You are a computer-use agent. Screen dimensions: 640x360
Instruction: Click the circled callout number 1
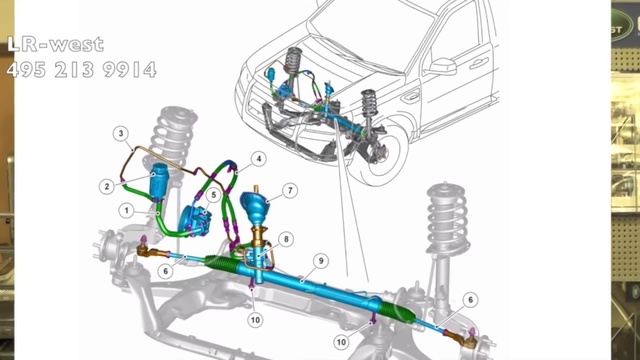(x=127, y=211)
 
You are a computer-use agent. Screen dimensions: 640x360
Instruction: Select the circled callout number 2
(x=107, y=187)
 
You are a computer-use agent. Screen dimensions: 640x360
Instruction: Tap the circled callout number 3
(x=121, y=133)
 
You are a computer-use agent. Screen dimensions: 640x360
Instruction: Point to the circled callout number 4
(x=258, y=159)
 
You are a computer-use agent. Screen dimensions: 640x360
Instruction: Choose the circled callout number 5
(x=213, y=195)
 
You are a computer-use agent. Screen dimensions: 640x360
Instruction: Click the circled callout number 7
(x=290, y=191)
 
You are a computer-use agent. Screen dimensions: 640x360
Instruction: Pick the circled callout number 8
(x=286, y=239)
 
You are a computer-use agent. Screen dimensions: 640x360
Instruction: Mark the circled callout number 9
(x=321, y=261)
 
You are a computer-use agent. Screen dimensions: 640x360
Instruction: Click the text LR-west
(x=56, y=44)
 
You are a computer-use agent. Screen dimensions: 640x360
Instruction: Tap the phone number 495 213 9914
(x=82, y=70)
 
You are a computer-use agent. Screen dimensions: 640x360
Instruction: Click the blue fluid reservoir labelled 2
(x=159, y=180)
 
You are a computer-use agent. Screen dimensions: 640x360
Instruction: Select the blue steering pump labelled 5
(x=195, y=220)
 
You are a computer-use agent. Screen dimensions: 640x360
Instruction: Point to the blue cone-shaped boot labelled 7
(x=255, y=204)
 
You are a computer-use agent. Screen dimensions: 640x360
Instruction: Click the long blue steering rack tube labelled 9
(x=310, y=284)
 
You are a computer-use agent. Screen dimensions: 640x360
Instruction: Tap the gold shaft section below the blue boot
(x=257, y=236)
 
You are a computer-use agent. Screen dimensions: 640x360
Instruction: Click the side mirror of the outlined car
(x=443, y=67)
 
